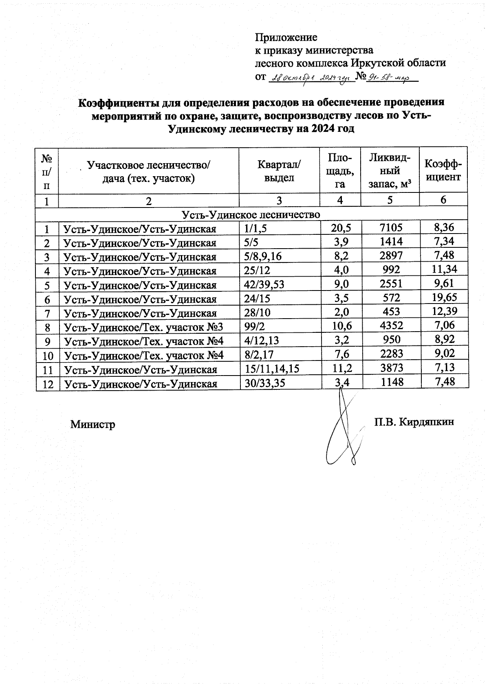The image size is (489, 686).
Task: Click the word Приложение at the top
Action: [286, 37]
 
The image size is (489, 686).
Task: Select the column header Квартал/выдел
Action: [279, 171]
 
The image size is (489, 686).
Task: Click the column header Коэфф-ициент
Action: [443, 170]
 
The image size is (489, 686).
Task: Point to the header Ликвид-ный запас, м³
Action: [390, 171]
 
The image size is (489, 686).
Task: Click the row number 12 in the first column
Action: [48, 384]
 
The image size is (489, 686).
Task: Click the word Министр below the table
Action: [93, 425]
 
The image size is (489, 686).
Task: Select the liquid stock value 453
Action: [390, 312]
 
